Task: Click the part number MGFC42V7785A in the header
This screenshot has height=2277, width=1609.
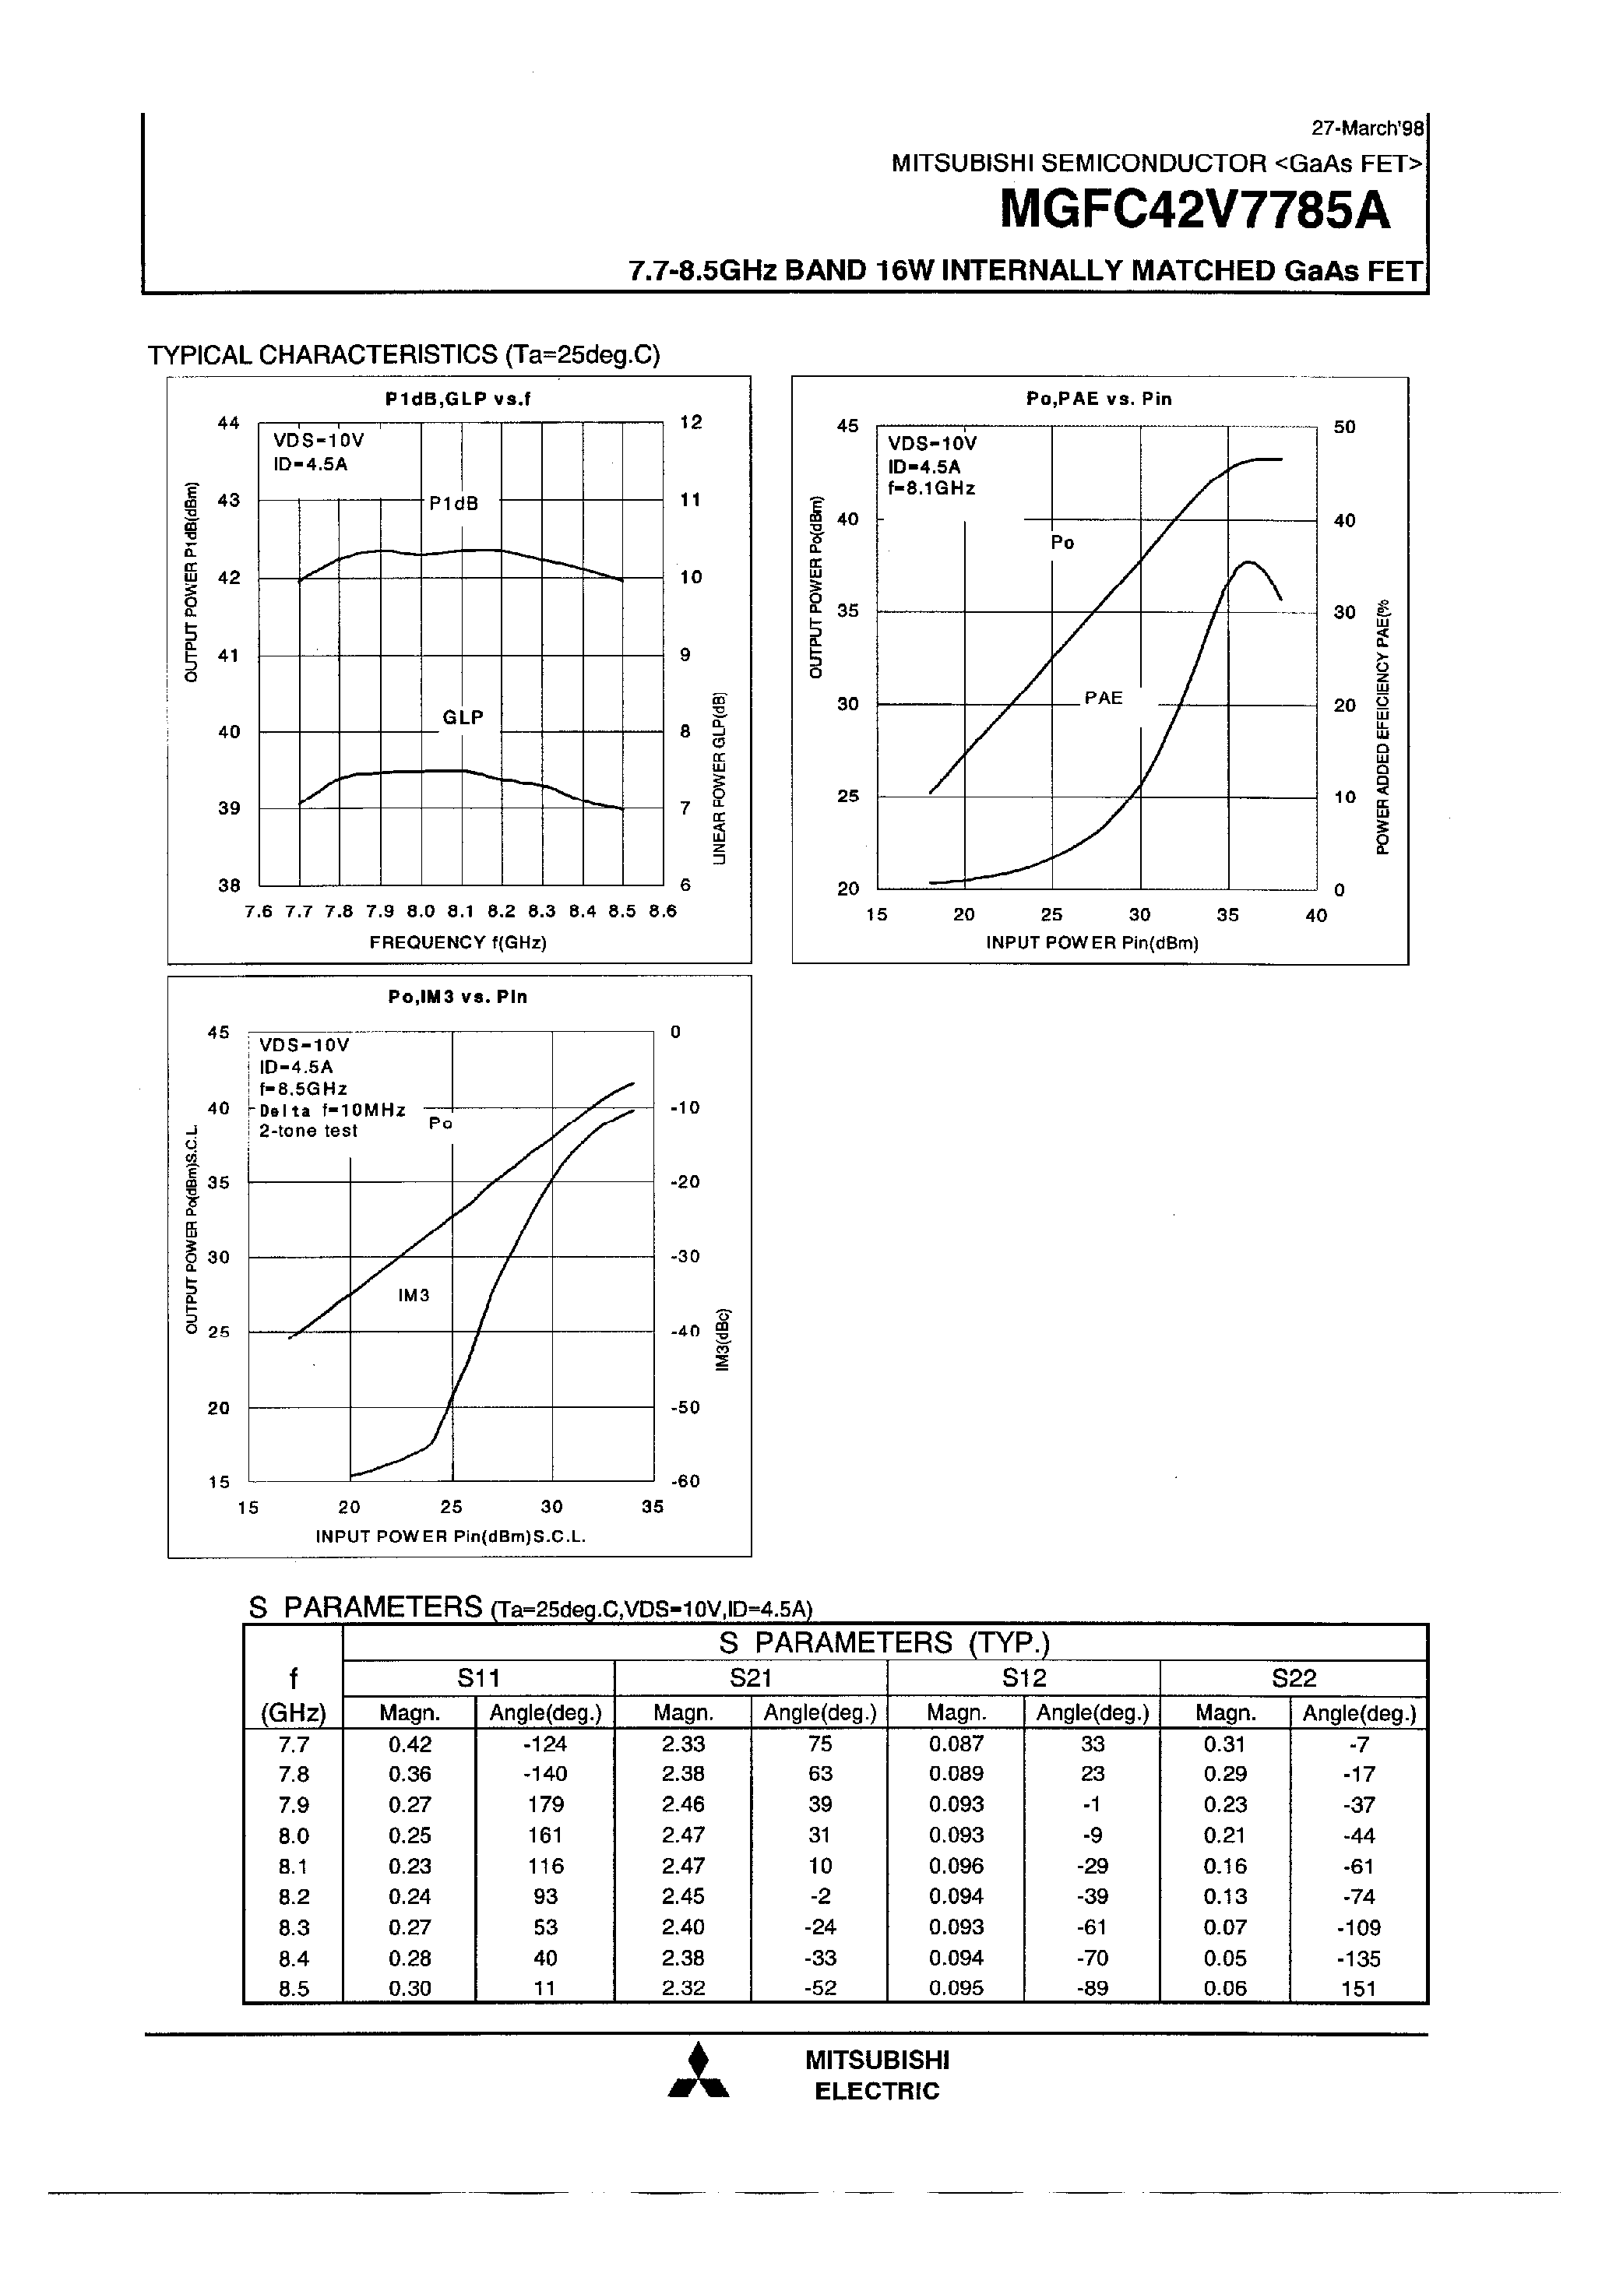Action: pyautogui.click(x=1195, y=210)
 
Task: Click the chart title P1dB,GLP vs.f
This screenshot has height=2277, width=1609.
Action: pyautogui.click(x=458, y=399)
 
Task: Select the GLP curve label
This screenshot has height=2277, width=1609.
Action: pyautogui.click(x=463, y=717)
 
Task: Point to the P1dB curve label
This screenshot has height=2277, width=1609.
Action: pyautogui.click(x=454, y=504)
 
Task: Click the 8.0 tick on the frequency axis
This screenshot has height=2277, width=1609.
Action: pyautogui.click(x=421, y=910)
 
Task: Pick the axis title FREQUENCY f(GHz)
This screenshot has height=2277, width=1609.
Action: pyautogui.click(x=458, y=942)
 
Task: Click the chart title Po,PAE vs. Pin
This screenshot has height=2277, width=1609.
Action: pyautogui.click(x=1098, y=399)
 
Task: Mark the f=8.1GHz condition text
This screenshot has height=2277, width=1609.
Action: pyautogui.click(x=931, y=488)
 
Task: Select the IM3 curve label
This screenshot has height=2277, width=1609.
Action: pyautogui.click(x=414, y=1295)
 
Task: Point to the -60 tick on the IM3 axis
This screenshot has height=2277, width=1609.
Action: pyautogui.click(x=685, y=1482)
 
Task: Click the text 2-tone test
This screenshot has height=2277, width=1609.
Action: pyautogui.click(x=308, y=1131)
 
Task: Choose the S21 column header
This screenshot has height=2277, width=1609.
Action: pyautogui.click(x=750, y=1678)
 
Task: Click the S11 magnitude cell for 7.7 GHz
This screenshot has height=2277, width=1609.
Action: pyautogui.click(x=409, y=1744)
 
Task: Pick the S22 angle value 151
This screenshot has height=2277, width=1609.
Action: pyautogui.click(x=1358, y=1988)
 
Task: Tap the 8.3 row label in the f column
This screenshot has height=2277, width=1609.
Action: pyautogui.click(x=294, y=1927)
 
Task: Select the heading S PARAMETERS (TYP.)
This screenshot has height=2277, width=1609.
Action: pyautogui.click(x=884, y=1643)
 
